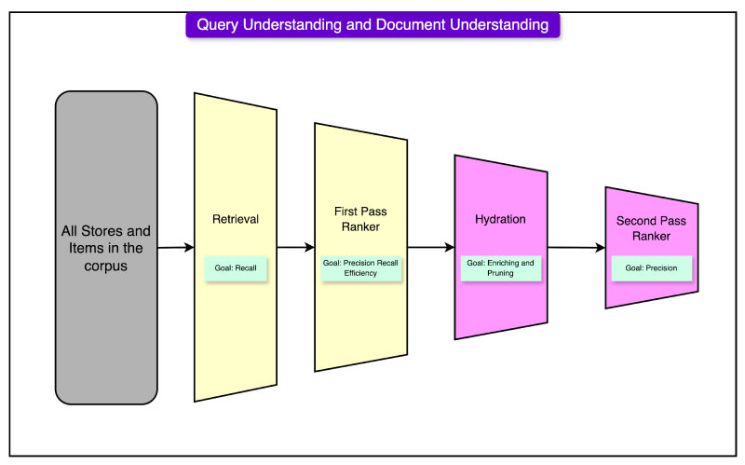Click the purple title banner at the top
tap(372, 25)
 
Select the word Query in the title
tap(215, 25)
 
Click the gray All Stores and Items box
tap(106, 247)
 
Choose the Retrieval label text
tap(236, 220)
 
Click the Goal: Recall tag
tap(237, 267)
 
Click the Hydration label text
tap(501, 220)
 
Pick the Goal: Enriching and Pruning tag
tap(501, 268)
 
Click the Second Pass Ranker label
tap(651, 229)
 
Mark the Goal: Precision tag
tap(651, 268)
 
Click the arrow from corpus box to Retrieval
tap(176, 248)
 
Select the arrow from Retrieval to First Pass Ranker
tap(296, 248)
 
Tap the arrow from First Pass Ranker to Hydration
tap(431, 248)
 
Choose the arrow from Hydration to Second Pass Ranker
tap(576, 248)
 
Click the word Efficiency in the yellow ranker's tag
tap(361, 274)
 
